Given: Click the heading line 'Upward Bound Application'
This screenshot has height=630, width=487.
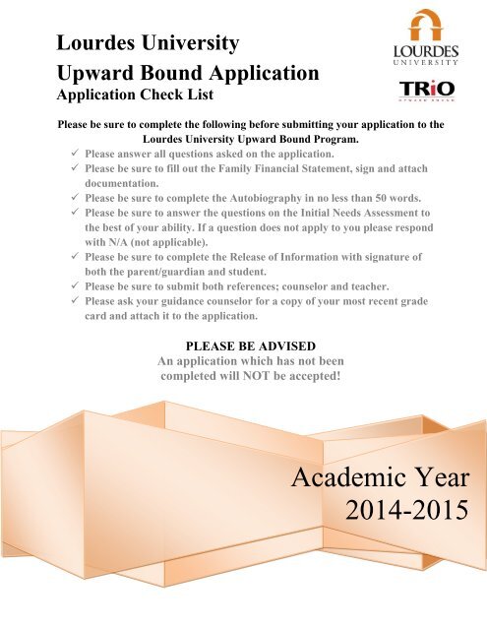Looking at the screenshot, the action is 188,72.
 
